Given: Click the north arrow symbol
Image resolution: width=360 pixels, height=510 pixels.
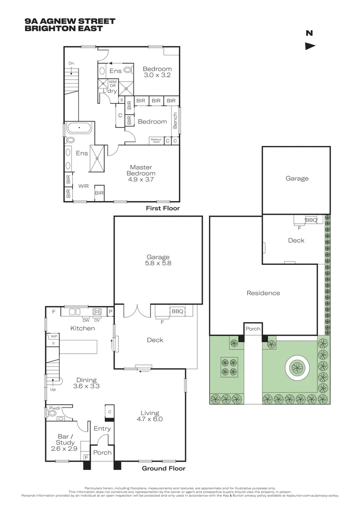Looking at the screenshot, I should click(310, 46).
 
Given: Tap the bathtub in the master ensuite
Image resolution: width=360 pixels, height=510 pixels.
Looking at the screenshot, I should click(79, 128).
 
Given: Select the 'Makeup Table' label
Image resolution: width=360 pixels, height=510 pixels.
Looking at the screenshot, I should click(156, 140).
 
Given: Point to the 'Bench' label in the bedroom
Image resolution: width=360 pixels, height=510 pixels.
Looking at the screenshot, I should click(176, 120).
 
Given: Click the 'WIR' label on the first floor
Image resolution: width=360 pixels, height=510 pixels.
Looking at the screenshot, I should click(83, 186).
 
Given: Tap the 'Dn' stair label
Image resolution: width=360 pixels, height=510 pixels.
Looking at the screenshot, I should click(71, 63).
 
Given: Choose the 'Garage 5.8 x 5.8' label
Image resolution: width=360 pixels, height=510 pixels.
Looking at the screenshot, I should click(158, 260).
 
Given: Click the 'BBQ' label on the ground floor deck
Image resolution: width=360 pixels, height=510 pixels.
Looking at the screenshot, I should click(177, 312).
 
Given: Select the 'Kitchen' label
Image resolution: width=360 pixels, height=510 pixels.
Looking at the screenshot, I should click(83, 328).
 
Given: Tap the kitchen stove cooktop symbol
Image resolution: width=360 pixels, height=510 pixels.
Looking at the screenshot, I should click(98, 312).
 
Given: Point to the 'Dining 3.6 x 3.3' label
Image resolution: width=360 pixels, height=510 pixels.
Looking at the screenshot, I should click(86, 383).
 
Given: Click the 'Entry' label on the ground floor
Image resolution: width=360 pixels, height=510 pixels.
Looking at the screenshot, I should click(102, 429).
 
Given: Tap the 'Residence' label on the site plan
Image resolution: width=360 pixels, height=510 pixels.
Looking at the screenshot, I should click(263, 293).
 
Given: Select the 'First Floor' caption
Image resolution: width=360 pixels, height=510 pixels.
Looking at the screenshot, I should click(163, 208).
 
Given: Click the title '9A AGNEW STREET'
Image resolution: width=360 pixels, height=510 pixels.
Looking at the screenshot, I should click(69, 21).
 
